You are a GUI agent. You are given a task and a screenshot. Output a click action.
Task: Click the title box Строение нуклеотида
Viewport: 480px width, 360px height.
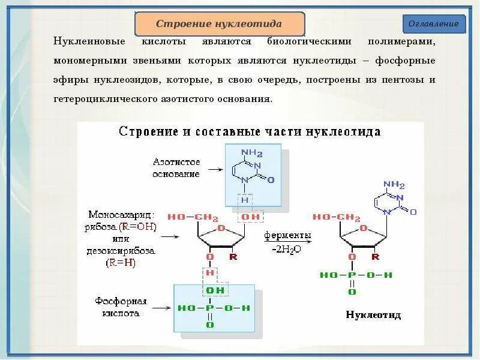point(219,24)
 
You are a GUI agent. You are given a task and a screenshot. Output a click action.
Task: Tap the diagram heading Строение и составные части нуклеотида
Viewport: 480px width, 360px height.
point(250,131)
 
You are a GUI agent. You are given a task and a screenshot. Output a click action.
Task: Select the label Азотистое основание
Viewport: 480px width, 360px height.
point(176,168)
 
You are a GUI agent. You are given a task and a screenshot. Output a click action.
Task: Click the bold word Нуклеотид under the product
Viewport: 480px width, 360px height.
point(373,314)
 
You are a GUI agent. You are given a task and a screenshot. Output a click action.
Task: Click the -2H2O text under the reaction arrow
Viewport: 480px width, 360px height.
point(287,248)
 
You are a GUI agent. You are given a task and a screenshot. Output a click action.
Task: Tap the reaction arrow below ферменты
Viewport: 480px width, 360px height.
point(287,241)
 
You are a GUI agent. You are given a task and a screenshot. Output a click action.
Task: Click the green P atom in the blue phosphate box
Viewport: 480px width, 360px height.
point(210,308)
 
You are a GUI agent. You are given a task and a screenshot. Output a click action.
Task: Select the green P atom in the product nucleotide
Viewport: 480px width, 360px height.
point(352,275)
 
